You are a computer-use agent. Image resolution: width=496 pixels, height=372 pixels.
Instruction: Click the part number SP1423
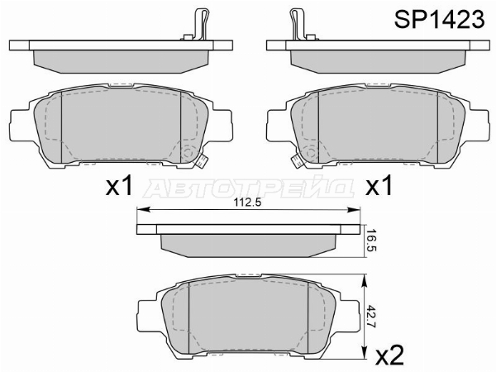(439, 19)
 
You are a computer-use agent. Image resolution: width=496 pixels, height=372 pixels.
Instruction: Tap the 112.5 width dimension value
(247, 203)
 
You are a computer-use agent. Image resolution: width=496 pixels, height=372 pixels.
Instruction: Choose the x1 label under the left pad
(119, 185)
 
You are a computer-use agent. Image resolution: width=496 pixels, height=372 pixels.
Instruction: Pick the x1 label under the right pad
(379, 185)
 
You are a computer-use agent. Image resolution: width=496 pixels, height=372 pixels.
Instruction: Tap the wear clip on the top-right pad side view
(298, 24)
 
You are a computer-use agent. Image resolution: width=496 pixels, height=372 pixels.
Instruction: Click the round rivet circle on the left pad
(188, 152)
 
